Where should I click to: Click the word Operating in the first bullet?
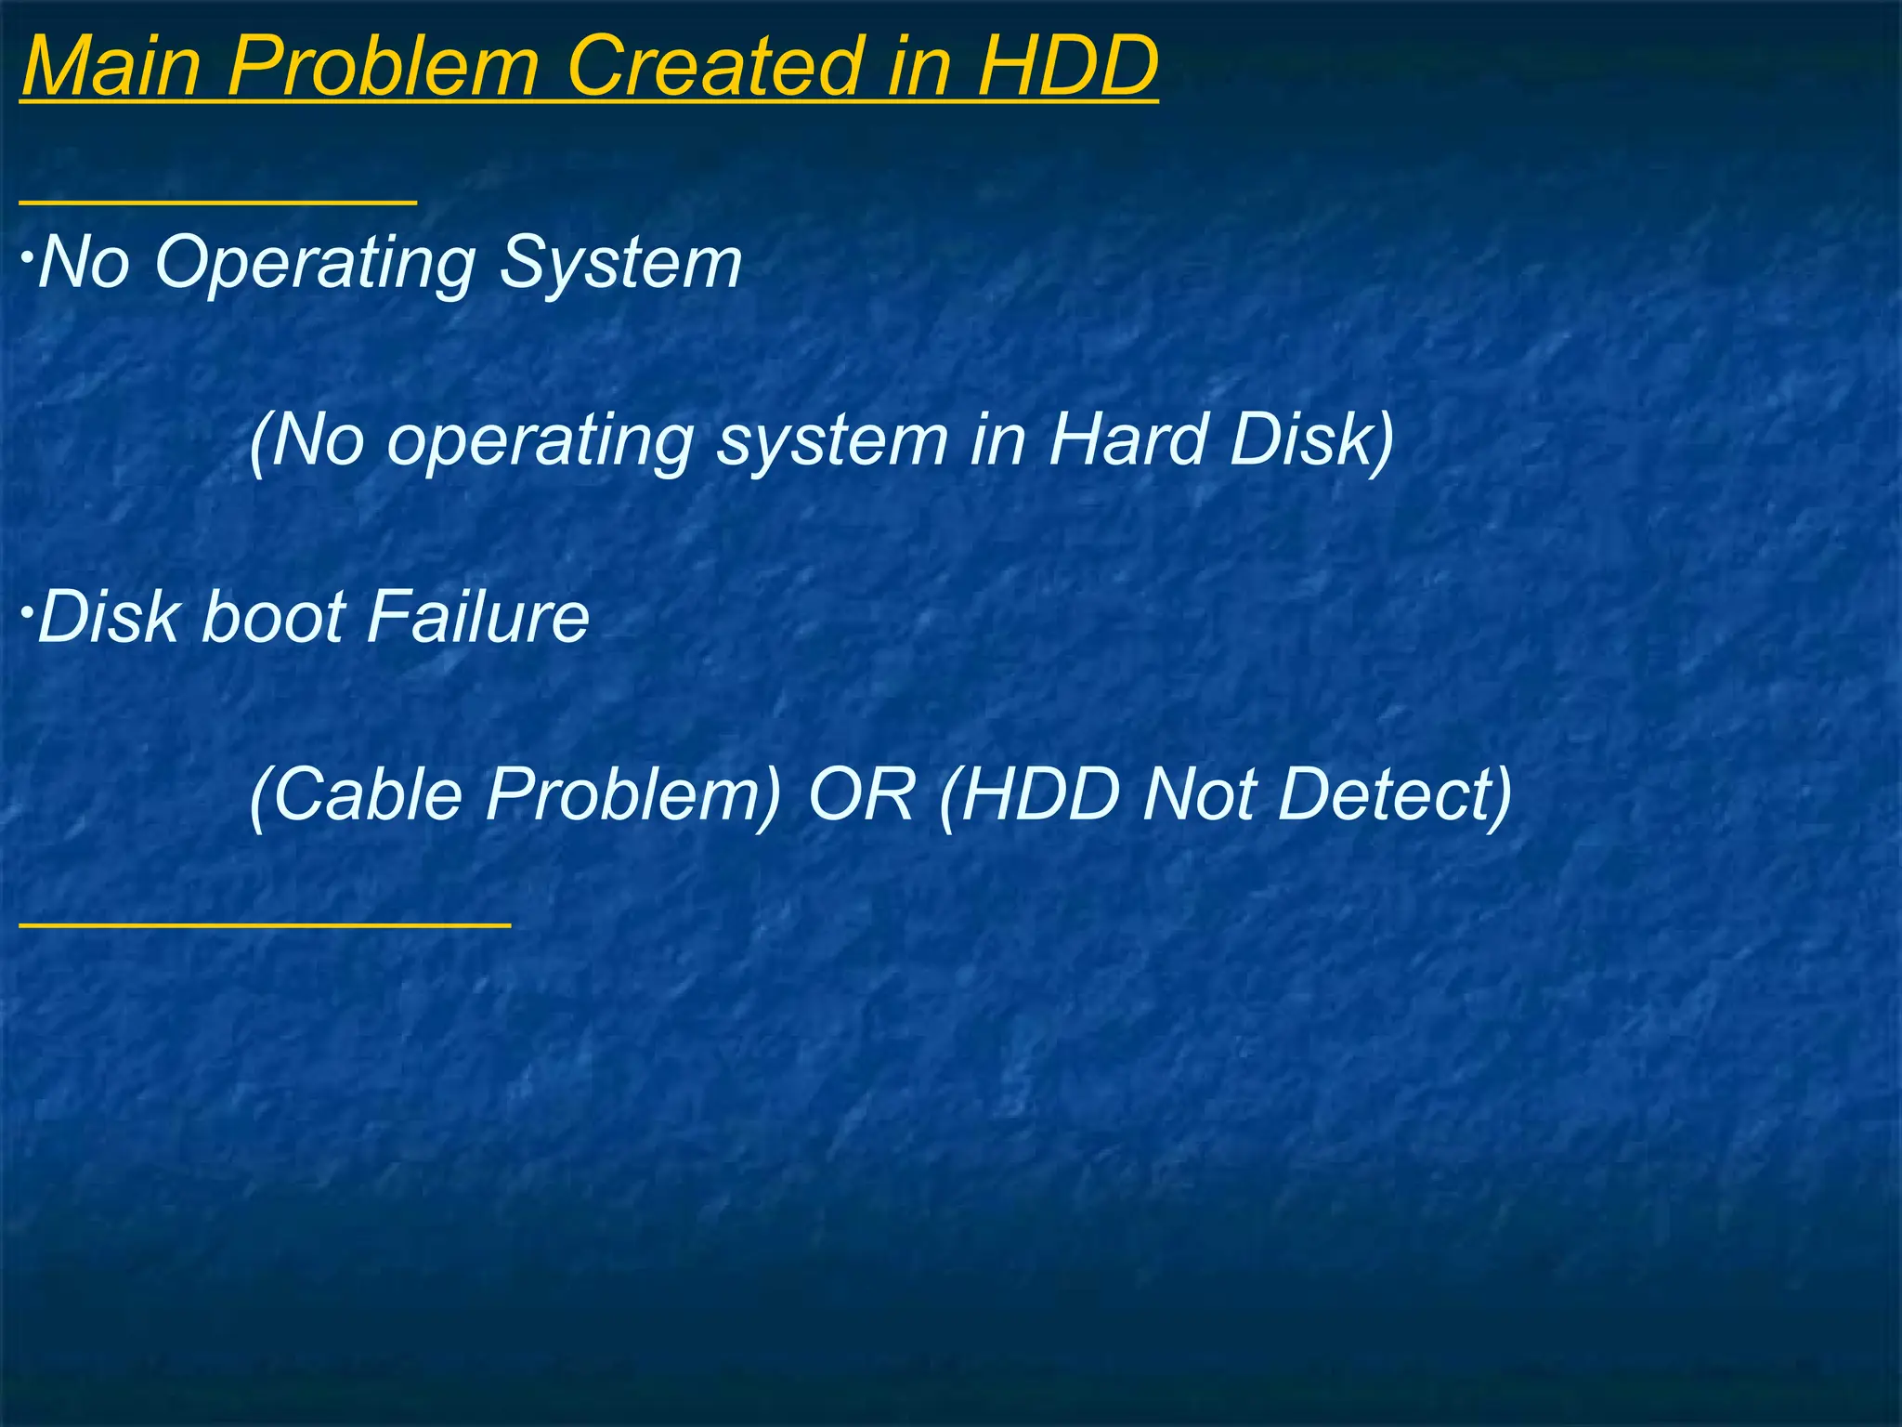coord(316,264)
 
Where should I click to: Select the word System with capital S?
coord(620,264)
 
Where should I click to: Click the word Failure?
coord(477,618)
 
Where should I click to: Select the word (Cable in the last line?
coord(357,795)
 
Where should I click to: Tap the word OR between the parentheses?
coord(862,795)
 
